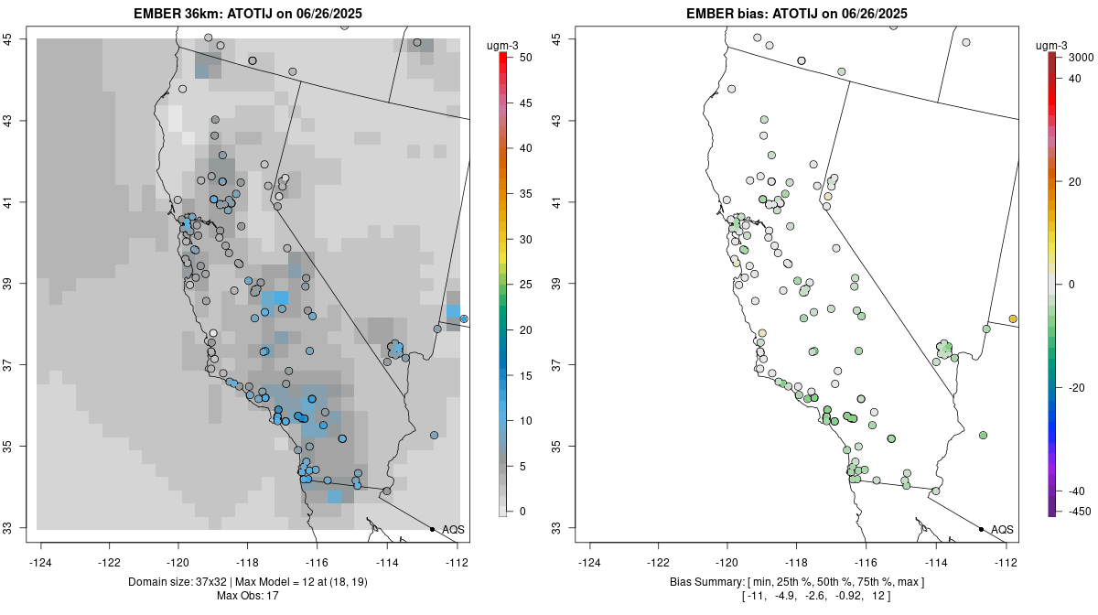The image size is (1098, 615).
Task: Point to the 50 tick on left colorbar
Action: tap(524, 58)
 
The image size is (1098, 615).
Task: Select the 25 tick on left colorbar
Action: tap(524, 285)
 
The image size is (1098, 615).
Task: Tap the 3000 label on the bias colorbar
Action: tap(1081, 58)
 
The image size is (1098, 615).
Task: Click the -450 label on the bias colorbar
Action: tap(1079, 511)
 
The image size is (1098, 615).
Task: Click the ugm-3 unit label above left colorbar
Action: tap(503, 43)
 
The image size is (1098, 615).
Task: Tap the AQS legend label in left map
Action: tap(453, 529)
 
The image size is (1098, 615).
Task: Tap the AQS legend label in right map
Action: tap(1002, 529)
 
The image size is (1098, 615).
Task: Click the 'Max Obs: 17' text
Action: tap(247, 596)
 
